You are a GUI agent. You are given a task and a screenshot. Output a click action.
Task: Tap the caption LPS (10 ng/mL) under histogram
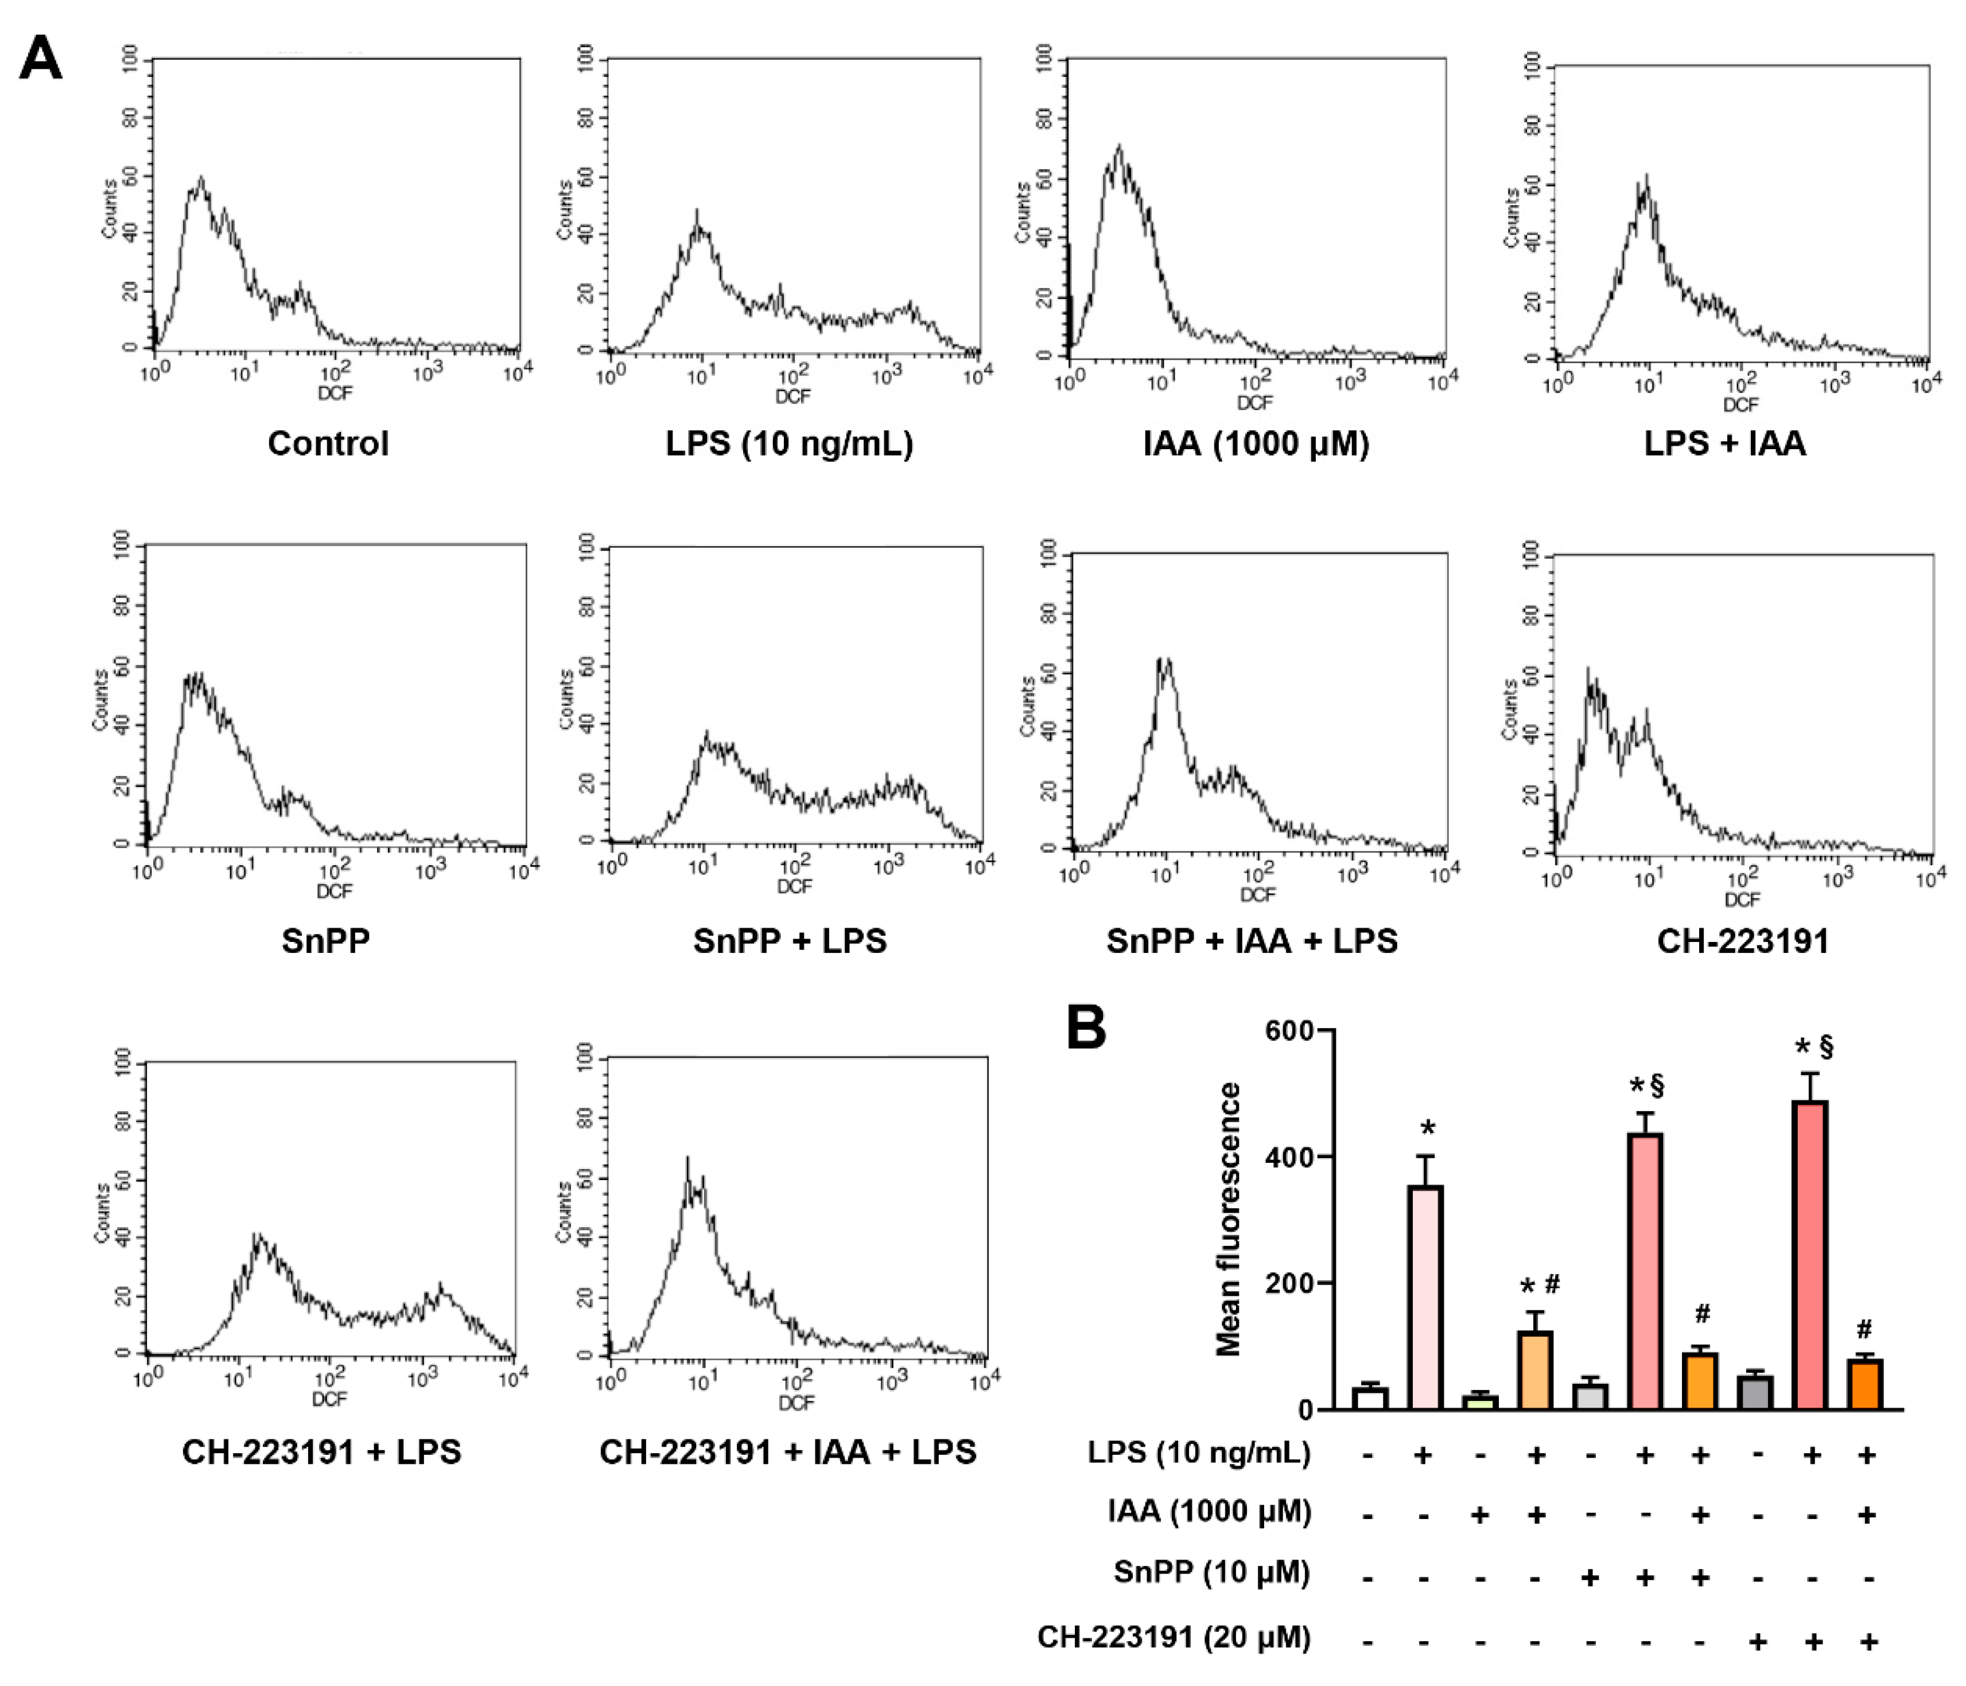click(790, 443)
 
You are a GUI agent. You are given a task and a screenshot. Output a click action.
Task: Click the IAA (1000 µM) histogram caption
click(1256, 443)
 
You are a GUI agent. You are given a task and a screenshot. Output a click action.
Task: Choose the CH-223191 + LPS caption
click(322, 1451)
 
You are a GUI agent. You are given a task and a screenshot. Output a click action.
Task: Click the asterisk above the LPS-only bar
click(1427, 1129)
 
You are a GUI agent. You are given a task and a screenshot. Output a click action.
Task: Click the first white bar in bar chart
click(1369, 1397)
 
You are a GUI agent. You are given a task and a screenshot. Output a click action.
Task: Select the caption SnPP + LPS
click(790, 941)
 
